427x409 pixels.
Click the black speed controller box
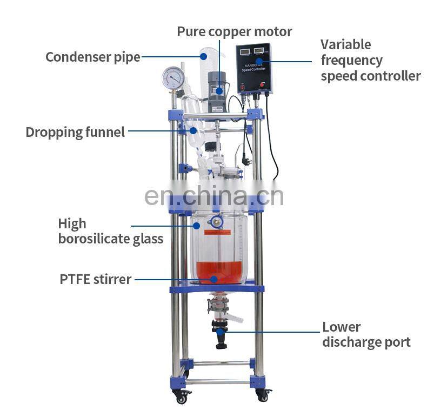[254, 68]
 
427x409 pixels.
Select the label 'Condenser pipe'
[92, 57]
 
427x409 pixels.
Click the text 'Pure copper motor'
[235, 31]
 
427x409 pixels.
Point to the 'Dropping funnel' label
[75, 132]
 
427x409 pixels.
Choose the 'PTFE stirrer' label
[95, 279]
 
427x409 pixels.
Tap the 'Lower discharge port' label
[366, 334]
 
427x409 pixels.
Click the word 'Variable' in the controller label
[345, 44]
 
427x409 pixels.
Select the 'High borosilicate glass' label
[110, 231]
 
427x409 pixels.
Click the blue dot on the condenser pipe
[203, 56]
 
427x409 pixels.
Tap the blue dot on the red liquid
[214, 279]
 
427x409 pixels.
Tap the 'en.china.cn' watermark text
[214, 196]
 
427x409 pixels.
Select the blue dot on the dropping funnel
[193, 130]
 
